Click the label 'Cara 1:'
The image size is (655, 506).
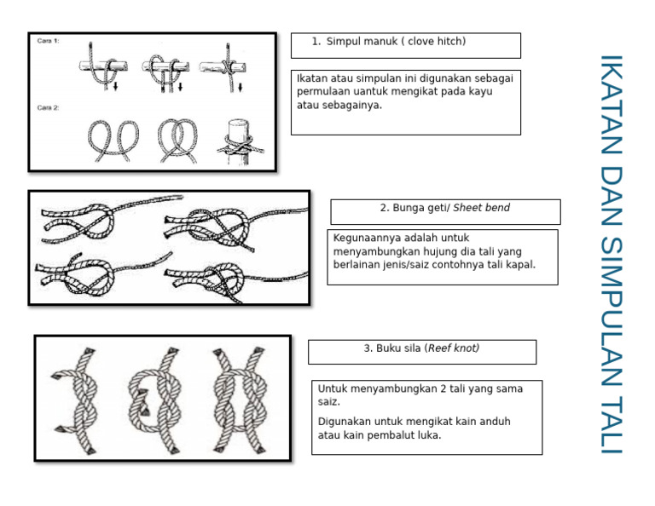pos(48,40)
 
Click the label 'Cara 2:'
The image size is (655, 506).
pos(48,107)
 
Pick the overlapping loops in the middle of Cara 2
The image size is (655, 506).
pos(175,138)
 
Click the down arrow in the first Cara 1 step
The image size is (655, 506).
pos(114,84)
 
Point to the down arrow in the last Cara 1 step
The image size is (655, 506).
pos(240,85)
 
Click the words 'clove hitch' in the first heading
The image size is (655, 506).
pos(437,42)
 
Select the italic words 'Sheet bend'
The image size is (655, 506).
pos(481,208)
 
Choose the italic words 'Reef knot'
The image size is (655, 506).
pos(453,348)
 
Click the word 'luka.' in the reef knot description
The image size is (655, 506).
pos(428,435)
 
